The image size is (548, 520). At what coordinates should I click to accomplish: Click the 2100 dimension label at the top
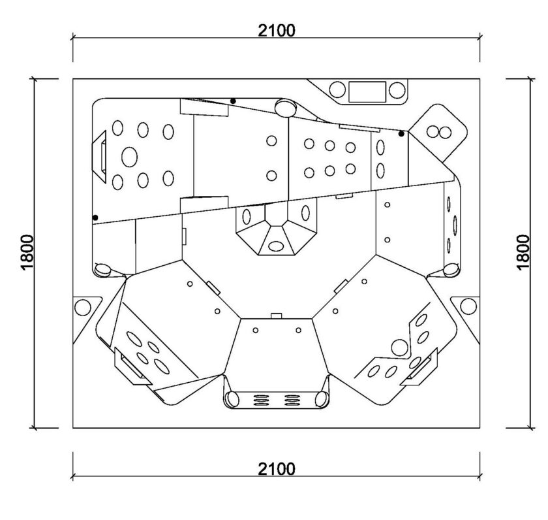tap(277, 31)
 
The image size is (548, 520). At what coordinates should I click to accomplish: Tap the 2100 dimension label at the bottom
tap(277, 469)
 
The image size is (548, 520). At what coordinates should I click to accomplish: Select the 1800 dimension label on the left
tap(27, 252)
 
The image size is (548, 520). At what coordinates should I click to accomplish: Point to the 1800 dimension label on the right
tap(523, 252)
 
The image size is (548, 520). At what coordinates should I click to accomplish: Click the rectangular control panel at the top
tap(367, 91)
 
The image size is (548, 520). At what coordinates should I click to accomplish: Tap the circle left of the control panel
tap(337, 89)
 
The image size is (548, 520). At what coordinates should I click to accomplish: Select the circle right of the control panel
tap(397, 90)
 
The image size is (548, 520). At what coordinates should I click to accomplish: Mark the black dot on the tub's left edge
tap(95, 218)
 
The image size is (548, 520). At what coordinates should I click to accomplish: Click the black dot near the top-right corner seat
tap(401, 134)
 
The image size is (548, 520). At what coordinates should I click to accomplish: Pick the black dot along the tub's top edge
tap(233, 101)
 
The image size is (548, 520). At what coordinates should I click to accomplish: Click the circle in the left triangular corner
tap(83, 307)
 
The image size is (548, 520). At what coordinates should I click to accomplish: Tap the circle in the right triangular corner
tap(468, 306)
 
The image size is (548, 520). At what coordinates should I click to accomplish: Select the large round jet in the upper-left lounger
tap(129, 157)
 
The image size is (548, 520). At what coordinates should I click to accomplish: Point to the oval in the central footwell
tap(276, 246)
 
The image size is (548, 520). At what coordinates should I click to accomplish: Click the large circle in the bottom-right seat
tap(399, 348)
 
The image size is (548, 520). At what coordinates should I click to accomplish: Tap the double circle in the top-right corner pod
tap(439, 132)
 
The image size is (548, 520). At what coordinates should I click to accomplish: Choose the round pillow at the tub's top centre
tap(286, 107)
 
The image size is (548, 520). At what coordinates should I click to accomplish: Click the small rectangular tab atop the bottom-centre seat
tap(276, 316)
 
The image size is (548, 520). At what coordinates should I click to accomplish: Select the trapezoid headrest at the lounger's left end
tap(99, 156)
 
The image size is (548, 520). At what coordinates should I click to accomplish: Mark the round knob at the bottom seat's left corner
tap(232, 399)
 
